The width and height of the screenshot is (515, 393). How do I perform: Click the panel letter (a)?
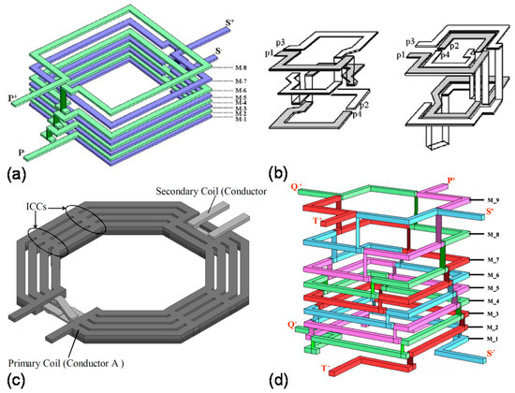click(12, 173)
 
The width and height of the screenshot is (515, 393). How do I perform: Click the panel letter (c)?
click(12, 378)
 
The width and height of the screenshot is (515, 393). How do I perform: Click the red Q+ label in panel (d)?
click(295, 186)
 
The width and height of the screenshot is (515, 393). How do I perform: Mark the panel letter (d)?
click(279, 378)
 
